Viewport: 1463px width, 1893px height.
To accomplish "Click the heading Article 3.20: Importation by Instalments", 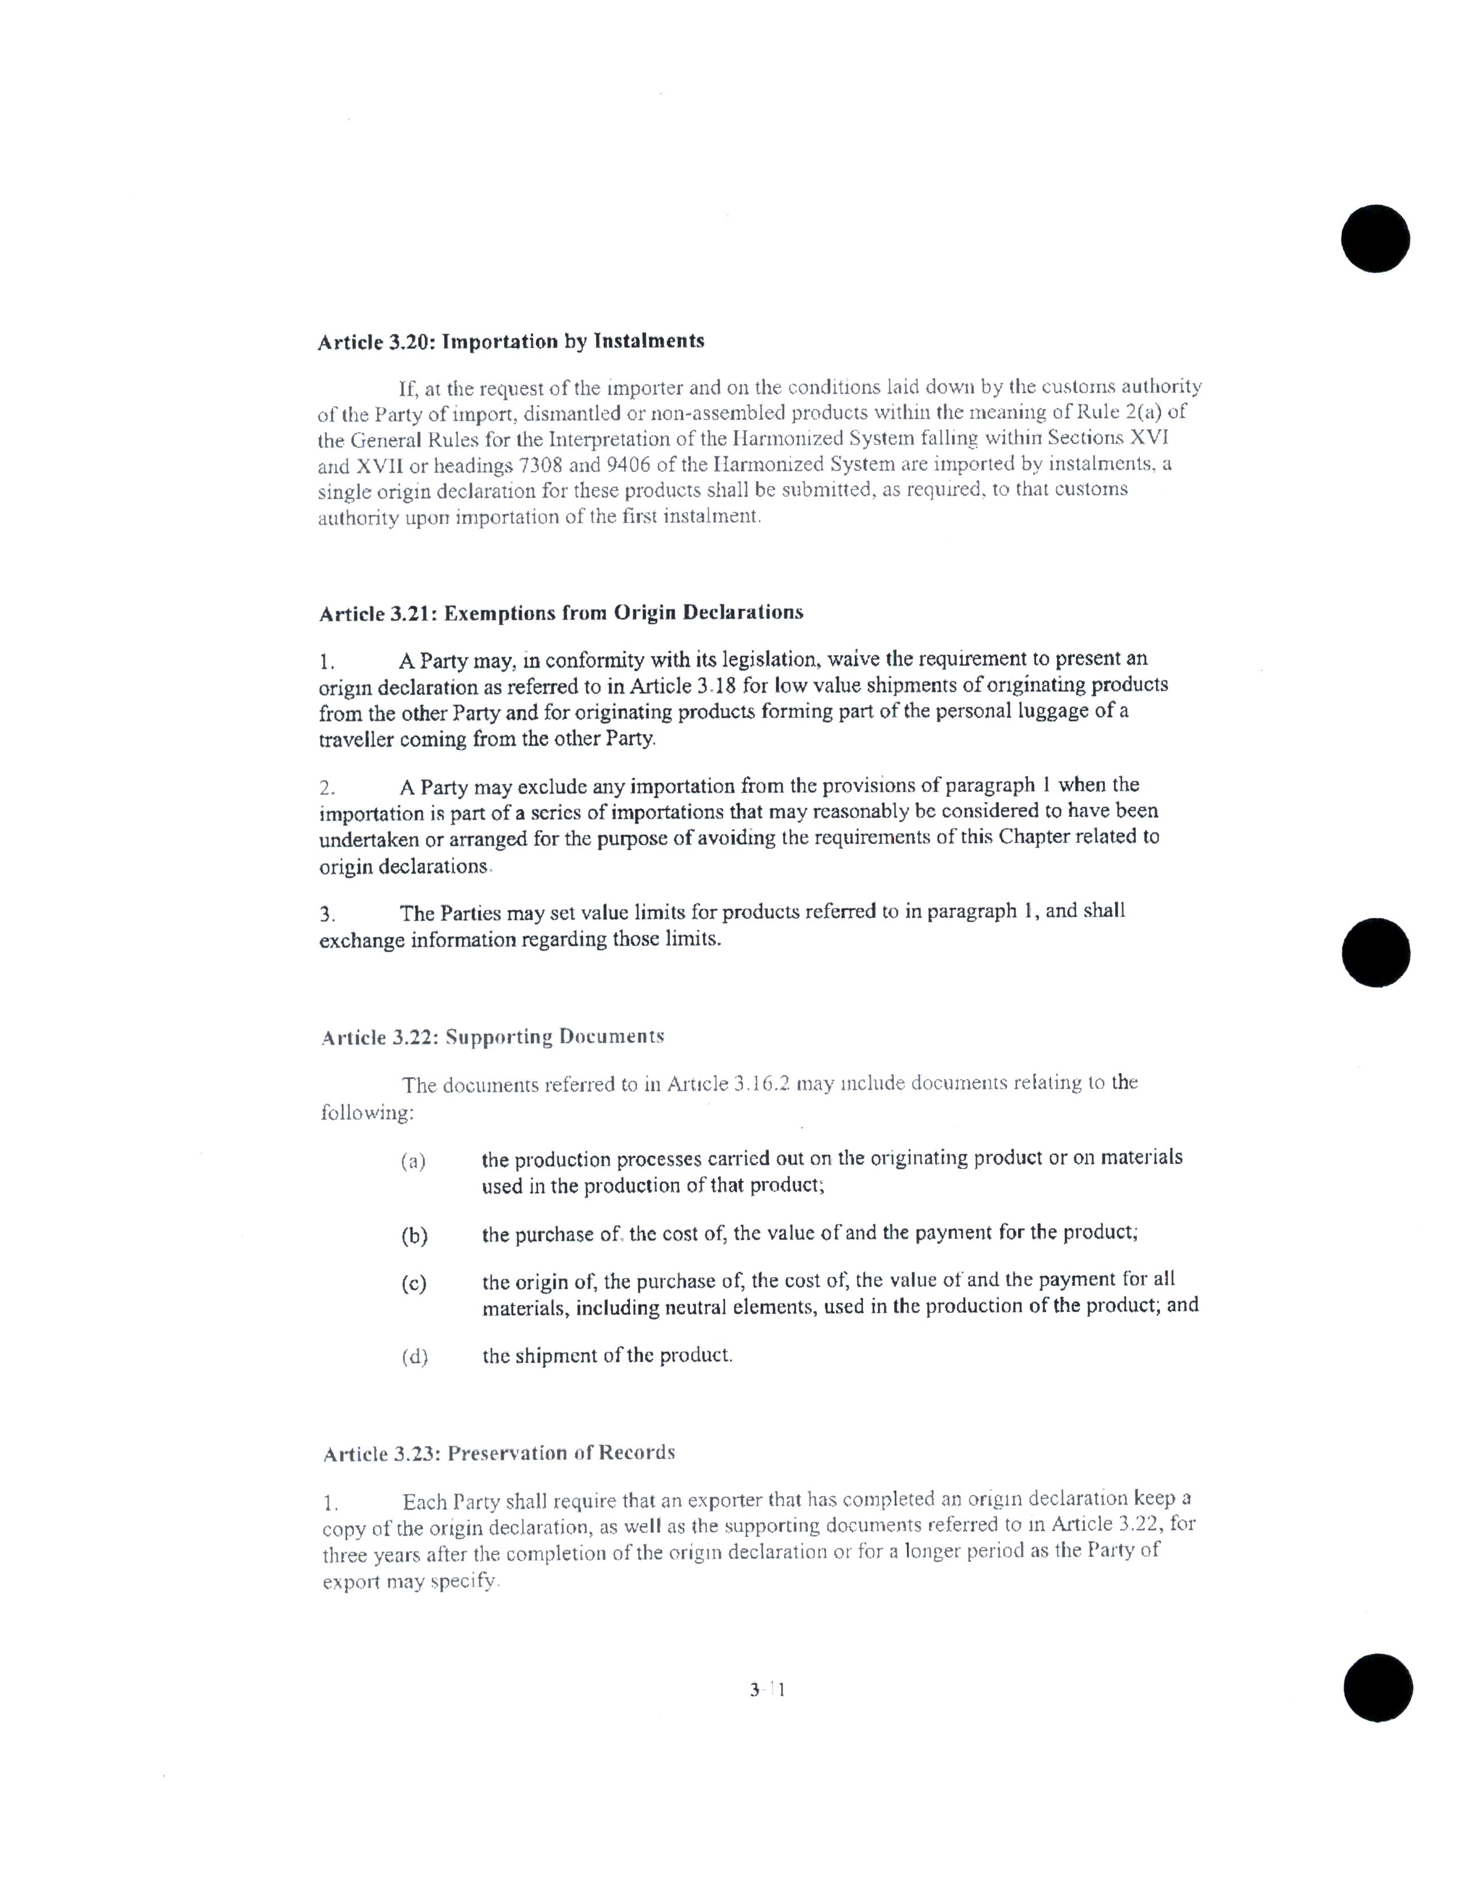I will click(511, 341).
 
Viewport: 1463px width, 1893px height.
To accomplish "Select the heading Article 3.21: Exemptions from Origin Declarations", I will click(561, 613).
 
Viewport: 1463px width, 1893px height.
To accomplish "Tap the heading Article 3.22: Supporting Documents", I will click(492, 1037).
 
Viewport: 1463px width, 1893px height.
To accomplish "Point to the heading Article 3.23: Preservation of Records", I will click(499, 1454).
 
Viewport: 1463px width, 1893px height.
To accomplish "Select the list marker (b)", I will click(414, 1236).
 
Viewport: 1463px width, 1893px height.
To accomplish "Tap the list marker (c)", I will click(414, 1284).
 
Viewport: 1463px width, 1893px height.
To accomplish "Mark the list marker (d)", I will click(414, 1357).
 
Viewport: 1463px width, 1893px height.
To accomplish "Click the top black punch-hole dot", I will click(1375, 239).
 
